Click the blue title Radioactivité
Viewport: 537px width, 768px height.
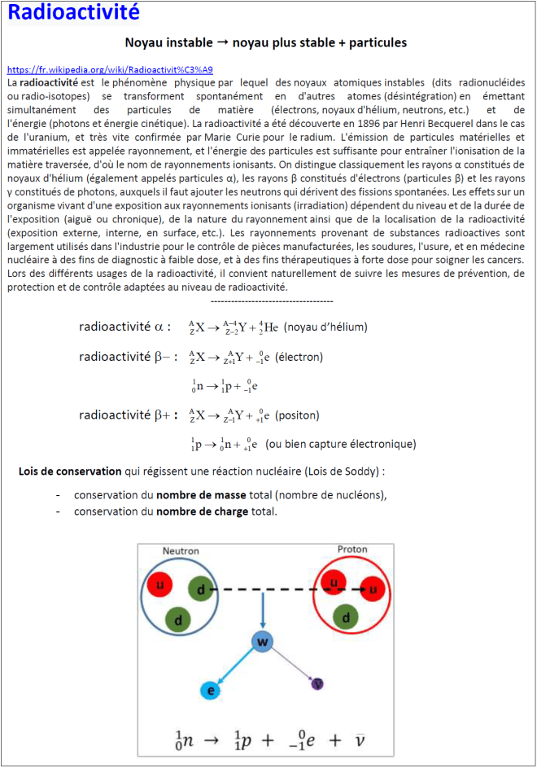pyautogui.click(x=73, y=13)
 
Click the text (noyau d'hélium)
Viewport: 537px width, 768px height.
pyautogui.click(x=325, y=327)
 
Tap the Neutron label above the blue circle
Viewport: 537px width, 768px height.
pyautogui.click(x=181, y=551)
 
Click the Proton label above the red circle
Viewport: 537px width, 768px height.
pyautogui.click(x=352, y=548)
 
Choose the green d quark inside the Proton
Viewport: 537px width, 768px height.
pyautogui.click(x=346, y=617)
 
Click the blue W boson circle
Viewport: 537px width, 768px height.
pyautogui.click(x=262, y=643)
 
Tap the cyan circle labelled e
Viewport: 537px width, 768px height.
pyautogui.click(x=211, y=691)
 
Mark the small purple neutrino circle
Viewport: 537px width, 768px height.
pyautogui.click(x=318, y=683)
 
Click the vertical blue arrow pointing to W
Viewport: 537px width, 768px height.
pyautogui.click(x=262, y=611)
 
